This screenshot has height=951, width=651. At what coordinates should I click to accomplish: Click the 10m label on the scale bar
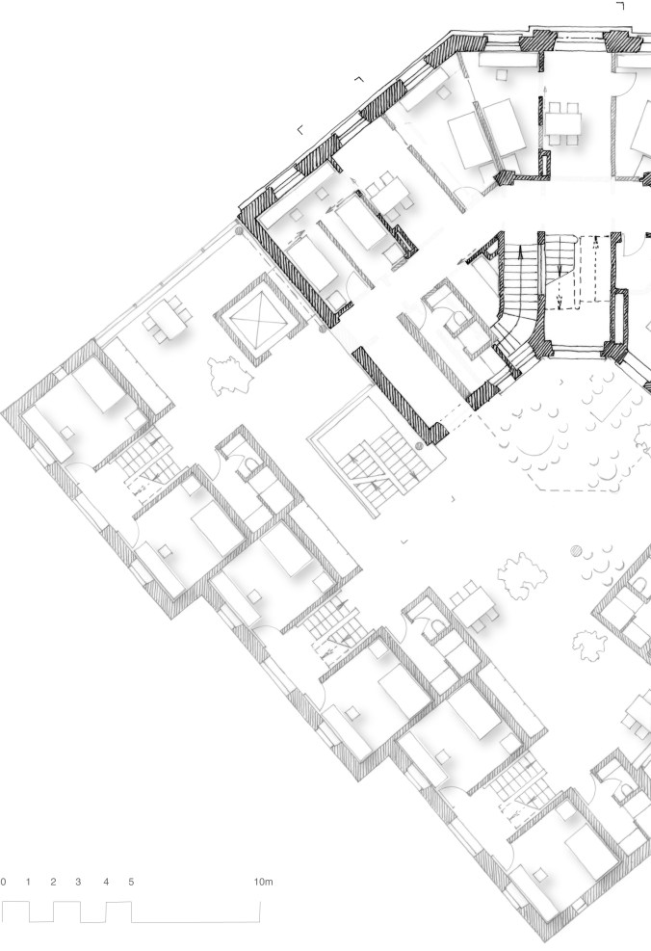[x=264, y=882]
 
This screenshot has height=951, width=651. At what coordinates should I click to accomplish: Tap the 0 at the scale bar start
[x=4, y=882]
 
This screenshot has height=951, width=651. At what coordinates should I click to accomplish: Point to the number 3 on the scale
[x=78, y=882]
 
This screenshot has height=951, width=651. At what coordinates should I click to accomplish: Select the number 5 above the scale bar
[x=131, y=882]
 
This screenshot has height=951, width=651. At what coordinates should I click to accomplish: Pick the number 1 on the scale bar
[x=28, y=882]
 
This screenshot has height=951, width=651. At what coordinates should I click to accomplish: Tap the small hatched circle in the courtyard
[x=577, y=552]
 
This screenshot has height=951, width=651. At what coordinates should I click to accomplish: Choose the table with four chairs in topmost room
[x=563, y=124]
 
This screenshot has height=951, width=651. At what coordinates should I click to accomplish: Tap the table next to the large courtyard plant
[x=476, y=603]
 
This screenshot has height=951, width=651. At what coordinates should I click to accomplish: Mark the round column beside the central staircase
[x=418, y=446]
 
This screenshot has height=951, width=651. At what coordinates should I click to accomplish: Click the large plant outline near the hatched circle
[x=519, y=572]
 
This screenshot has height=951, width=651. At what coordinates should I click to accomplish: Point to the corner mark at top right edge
[x=620, y=6]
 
